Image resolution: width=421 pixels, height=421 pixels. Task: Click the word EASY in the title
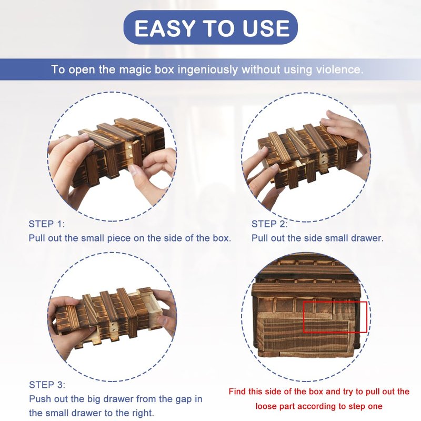pos(165,28)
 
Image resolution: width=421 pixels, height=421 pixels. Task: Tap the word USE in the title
pos(266,28)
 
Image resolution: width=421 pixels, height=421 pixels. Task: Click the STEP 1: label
pos(47,224)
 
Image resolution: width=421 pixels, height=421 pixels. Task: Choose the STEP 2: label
pos(269,224)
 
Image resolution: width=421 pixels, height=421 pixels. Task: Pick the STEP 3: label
pos(47,385)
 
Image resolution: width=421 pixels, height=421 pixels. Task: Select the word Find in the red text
pos(237,392)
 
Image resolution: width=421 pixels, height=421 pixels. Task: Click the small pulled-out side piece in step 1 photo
pos(137,155)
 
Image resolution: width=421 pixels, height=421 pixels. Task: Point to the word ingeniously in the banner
pos(207,70)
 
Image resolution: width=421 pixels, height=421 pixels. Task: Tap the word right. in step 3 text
pos(144,413)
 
